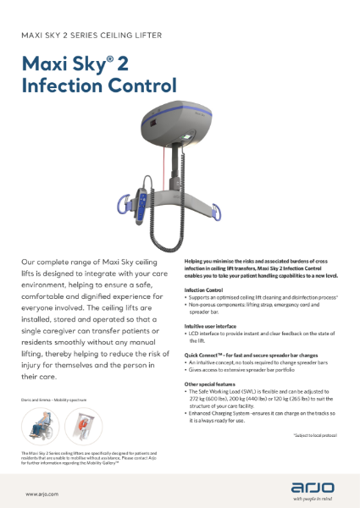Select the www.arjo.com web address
tap(42, 493)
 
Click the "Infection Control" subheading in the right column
tap(204, 290)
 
